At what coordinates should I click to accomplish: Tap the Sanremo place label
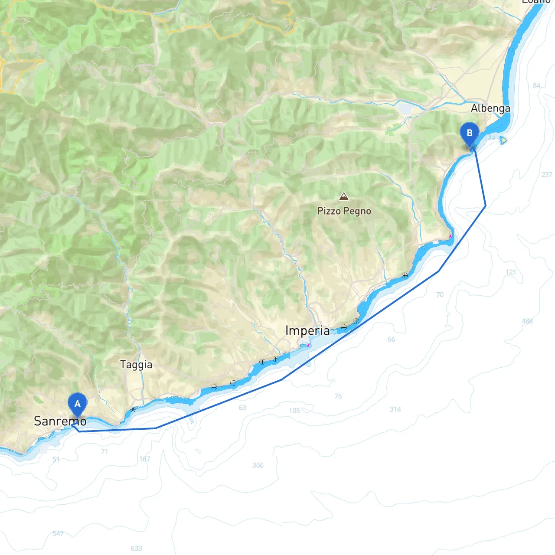click(60, 421)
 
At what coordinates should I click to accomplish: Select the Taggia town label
click(136, 365)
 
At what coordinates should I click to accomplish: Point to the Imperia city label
click(307, 331)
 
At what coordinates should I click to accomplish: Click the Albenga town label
click(490, 108)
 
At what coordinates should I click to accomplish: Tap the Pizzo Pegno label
click(344, 211)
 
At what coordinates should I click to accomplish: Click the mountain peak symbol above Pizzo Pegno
click(344, 197)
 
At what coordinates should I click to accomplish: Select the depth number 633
click(136, 548)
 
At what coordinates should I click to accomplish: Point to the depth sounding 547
click(58, 533)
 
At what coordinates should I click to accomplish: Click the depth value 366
click(258, 465)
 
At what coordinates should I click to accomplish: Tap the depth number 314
click(395, 409)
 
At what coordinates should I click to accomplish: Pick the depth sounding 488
click(527, 321)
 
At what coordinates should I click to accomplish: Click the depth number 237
click(547, 175)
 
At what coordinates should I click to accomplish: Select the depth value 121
click(511, 272)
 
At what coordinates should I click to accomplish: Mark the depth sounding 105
click(294, 411)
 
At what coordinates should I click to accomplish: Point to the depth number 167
click(144, 459)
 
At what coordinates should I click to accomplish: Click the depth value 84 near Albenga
click(537, 86)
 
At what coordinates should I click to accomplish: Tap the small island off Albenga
click(503, 140)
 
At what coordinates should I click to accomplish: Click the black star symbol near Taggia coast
click(133, 409)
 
